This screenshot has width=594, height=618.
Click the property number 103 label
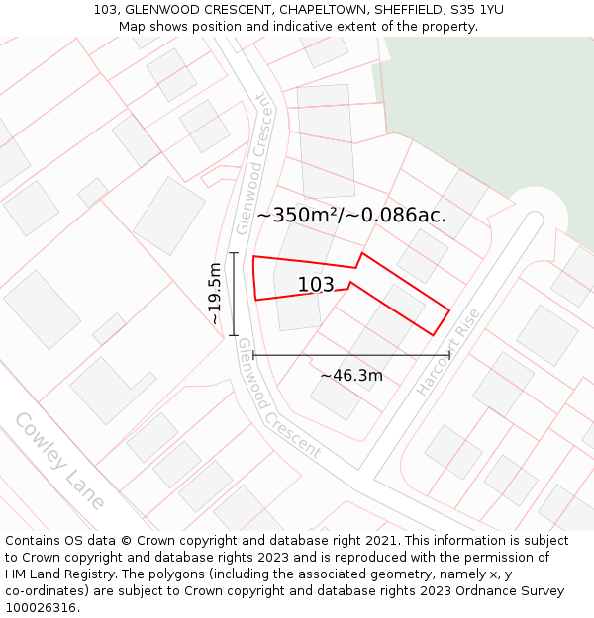coord(316,285)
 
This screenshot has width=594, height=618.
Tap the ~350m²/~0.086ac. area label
coord(351,215)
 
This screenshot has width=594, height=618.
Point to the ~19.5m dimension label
coord(215,294)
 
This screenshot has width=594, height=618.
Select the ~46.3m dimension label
coord(350,375)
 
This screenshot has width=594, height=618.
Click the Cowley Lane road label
coord(59,461)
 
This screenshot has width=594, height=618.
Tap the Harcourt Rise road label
coord(448,352)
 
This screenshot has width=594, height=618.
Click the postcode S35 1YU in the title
coord(476,10)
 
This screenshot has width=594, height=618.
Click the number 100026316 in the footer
coord(41,607)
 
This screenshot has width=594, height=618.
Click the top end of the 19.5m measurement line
coord(234,253)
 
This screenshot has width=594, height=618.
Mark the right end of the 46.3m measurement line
coord(449,354)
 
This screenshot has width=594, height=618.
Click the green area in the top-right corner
coord(485,109)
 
